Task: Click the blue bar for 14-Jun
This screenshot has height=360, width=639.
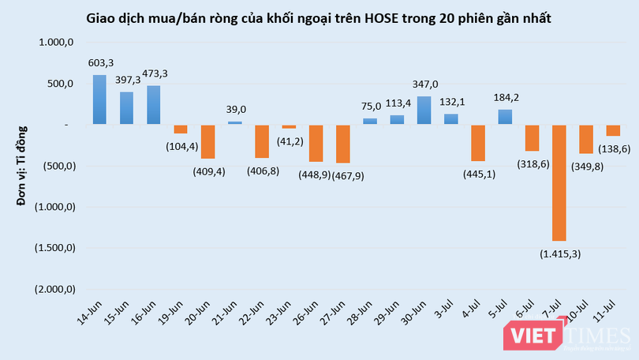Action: (99, 99)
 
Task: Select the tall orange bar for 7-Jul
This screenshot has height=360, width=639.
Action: (559, 182)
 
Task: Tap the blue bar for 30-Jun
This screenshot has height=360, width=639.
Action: (424, 110)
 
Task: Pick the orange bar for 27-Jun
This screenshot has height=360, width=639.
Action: (343, 144)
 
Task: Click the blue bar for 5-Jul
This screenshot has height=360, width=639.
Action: (505, 117)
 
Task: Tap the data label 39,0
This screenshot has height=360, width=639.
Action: (236, 110)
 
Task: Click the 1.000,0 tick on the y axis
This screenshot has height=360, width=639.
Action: (55, 43)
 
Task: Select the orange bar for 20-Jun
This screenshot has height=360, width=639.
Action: (208, 141)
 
